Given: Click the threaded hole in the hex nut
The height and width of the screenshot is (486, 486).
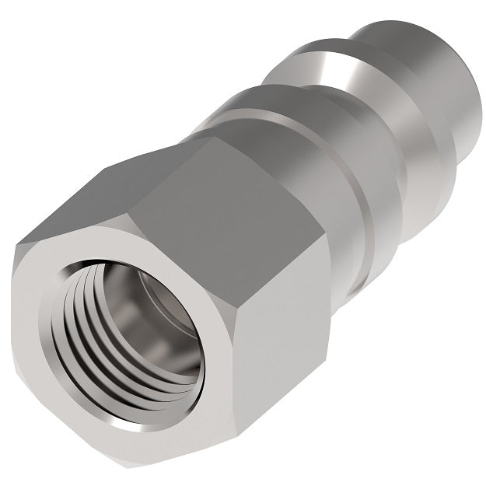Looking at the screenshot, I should [x=148, y=342].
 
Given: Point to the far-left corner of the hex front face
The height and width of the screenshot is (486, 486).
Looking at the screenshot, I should [x=19, y=257].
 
